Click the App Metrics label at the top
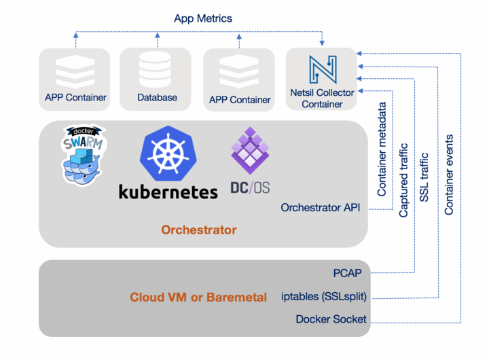point(202,18)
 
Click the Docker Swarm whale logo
point(84,156)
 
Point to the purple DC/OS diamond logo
point(250,150)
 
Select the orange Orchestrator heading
point(198,230)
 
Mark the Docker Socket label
point(331,319)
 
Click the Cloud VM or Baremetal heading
point(198,298)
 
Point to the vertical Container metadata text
point(382,149)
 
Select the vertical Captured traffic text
point(403,180)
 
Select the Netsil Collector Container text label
point(322,99)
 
